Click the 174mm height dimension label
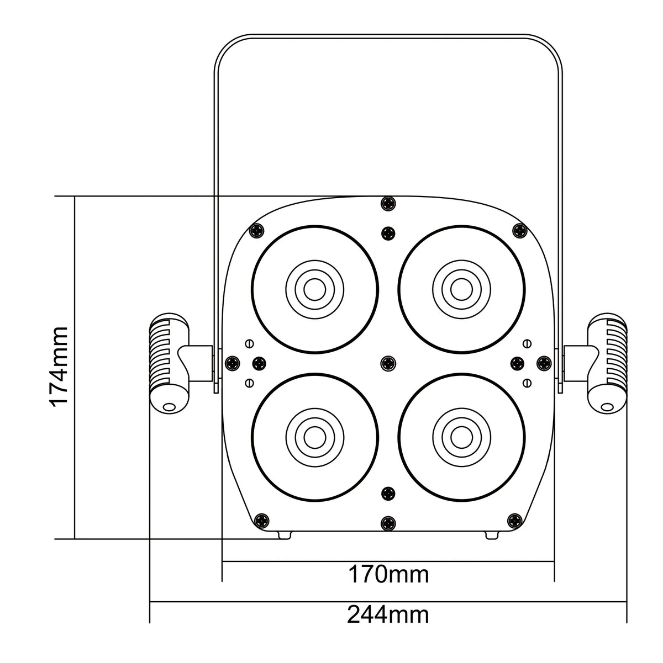click(x=59, y=367)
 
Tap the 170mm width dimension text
click(x=388, y=574)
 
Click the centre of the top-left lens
click(x=315, y=289)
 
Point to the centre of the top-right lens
click(x=461, y=289)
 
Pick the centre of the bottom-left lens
click(x=315, y=437)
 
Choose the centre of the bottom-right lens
click(x=461, y=437)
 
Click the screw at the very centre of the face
click(x=388, y=363)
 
